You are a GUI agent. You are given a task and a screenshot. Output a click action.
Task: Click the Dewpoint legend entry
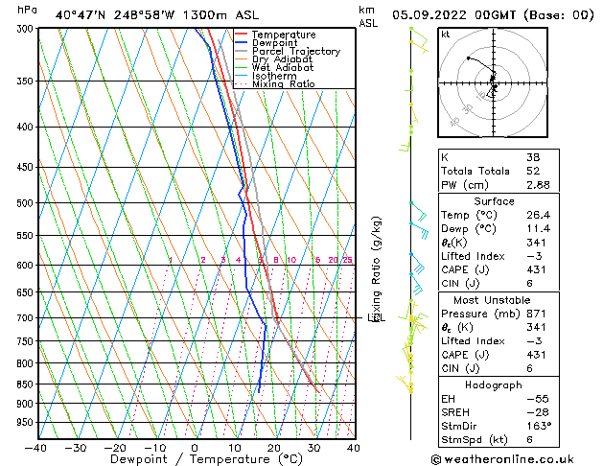point(274,43)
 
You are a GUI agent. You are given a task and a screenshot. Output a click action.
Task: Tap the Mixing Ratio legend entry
point(284,84)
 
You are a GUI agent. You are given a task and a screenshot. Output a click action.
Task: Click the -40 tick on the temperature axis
point(36,448)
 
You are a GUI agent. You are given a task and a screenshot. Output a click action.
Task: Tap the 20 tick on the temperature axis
point(274,448)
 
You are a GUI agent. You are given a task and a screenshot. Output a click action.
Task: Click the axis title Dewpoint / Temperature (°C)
point(193,460)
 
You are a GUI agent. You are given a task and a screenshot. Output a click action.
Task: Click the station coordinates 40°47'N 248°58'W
point(118,14)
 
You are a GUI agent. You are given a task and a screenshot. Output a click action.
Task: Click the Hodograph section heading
point(495,384)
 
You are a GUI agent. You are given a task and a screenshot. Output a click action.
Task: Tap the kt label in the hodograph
point(446,35)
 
